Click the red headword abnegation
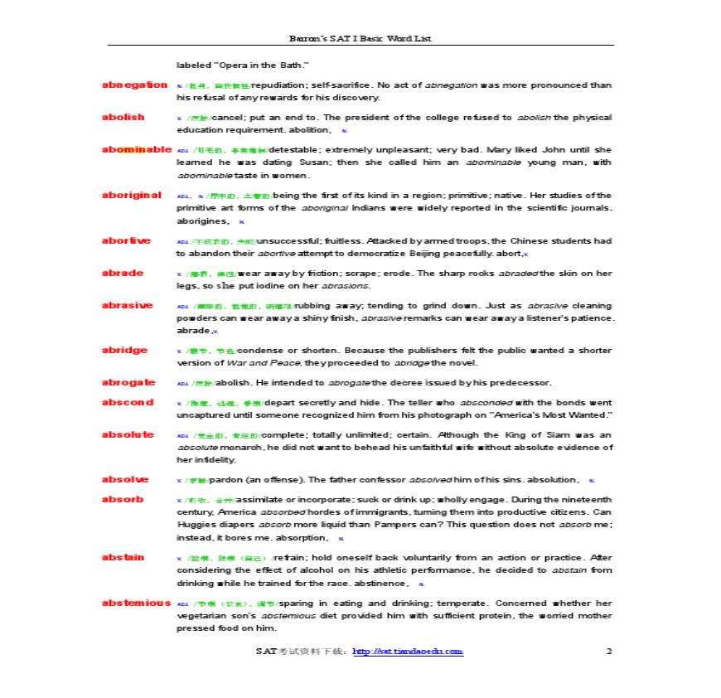(x=134, y=85)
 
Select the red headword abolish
(x=123, y=117)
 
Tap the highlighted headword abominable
(x=136, y=149)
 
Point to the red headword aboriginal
(x=131, y=195)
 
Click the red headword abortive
(x=126, y=240)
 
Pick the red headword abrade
(x=122, y=273)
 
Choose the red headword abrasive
(x=127, y=305)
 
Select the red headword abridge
(x=124, y=350)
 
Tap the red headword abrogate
(x=128, y=382)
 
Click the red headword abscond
(x=127, y=402)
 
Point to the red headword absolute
(x=127, y=434)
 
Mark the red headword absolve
(x=125, y=479)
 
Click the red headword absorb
(x=122, y=499)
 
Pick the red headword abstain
(x=123, y=557)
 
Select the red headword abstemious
(x=136, y=603)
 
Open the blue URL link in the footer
(x=408, y=652)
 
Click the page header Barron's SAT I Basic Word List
(x=360, y=38)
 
